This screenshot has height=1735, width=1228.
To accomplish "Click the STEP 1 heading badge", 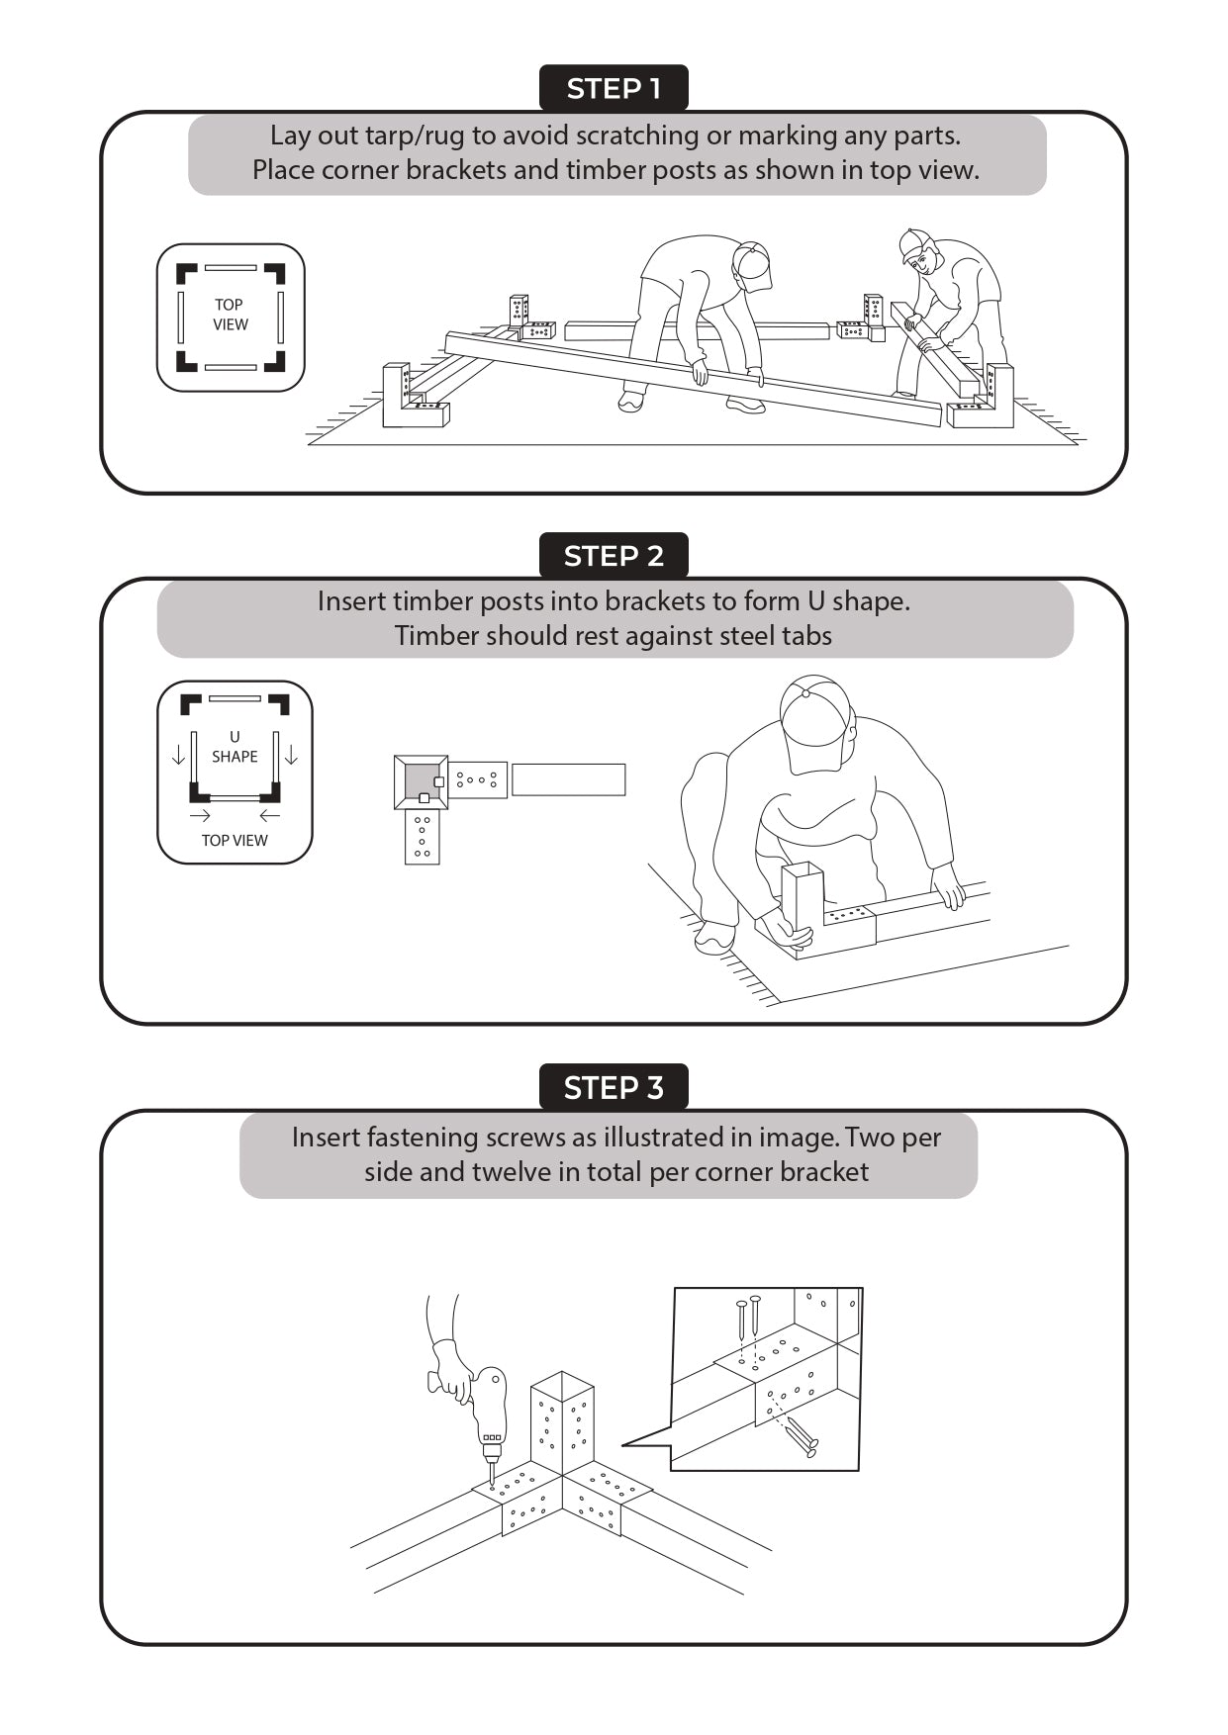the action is point(614,88).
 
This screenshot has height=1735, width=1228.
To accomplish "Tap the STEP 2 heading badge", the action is point(614,556).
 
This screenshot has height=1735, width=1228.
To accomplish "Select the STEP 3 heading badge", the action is point(614,1088).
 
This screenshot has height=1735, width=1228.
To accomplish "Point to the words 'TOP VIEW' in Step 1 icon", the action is point(231,315).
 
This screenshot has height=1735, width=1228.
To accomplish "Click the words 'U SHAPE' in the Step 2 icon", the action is point(235,747).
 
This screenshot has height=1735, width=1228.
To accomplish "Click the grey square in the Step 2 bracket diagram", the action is point(422,780).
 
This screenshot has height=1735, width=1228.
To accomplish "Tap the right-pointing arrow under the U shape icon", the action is point(200,815).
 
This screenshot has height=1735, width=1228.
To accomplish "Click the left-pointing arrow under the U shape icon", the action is point(270,815).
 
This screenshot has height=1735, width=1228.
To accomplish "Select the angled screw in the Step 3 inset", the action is point(798,1435).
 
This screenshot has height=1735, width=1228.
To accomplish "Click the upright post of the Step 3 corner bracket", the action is point(562,1423).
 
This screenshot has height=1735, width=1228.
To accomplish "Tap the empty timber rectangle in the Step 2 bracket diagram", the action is point(568,779).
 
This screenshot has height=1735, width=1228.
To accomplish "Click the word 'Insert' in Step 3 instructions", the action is point(325,1138).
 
